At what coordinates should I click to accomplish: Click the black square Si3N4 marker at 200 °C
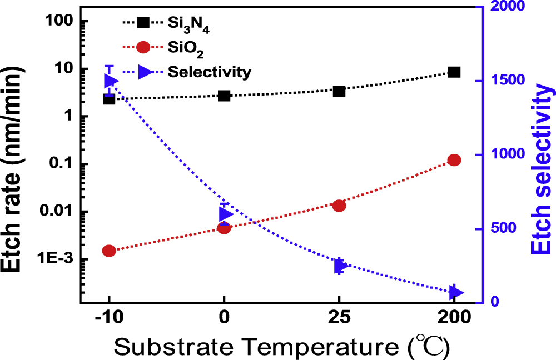pyautogui.click(x=454, y=72)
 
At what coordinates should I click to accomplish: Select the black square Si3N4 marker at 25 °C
pyautogui.click(x=339, y=91)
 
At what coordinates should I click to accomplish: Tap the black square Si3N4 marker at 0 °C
pyautogui.click(x=224, y=96)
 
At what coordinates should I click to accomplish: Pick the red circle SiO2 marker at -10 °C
pyautogui.click(x=109, y=251)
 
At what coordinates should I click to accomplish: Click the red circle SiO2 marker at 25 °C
pyautogui.click(x=339, y=206)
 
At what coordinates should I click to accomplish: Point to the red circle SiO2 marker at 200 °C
pyautogui.click(x=454, y=160)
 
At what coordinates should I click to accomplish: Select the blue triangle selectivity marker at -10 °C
pyautogui.click(x=110, y=82)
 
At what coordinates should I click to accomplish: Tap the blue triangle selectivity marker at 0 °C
pyautogui.click(x=225, y=214)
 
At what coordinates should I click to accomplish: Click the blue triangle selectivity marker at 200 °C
pyautogui.click(x=456, y=292)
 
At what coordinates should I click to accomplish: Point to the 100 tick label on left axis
pyautogui.click(x=58, y=22)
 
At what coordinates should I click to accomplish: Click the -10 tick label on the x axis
pyautogui.click(x=109, y=317)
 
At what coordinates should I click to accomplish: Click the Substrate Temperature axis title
pyautogui.click(x=281, y=346)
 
